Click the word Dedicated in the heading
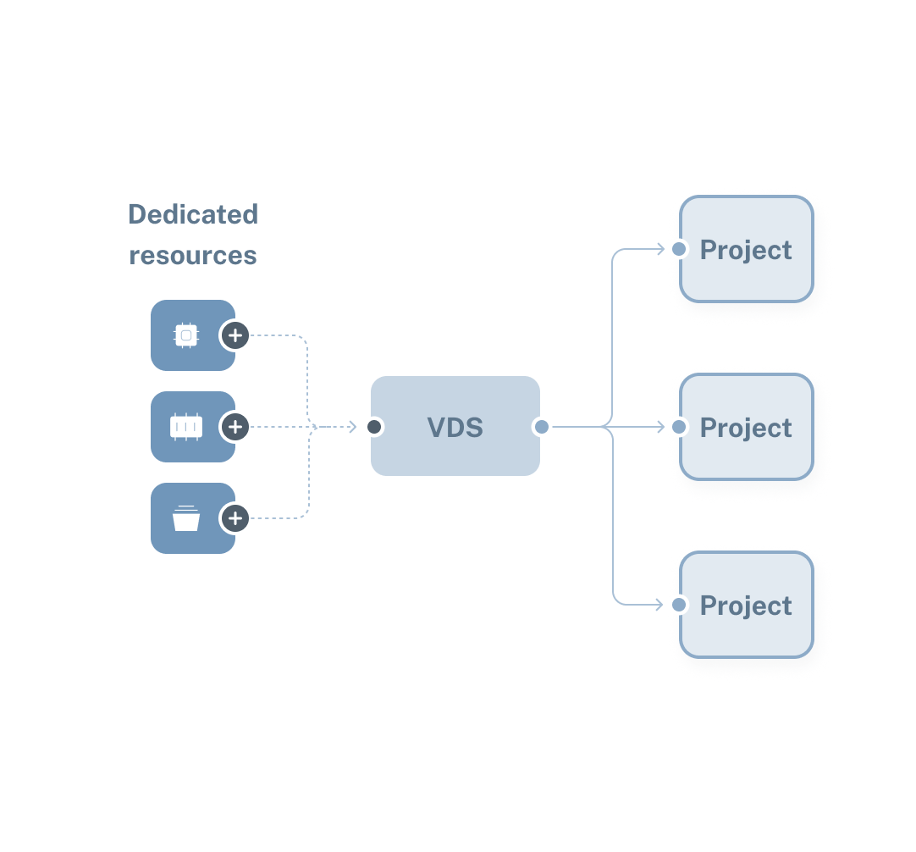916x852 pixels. pos(193,215)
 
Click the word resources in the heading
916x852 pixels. pos(193,255)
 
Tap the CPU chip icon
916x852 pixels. pos(186,335)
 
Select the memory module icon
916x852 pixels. pos(186,427)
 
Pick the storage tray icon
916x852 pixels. pos(186,518)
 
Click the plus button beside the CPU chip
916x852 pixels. pos(235,335)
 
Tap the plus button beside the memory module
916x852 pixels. pos(235,427)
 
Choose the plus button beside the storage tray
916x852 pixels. pos(235,518)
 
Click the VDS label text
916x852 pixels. pos(455,427)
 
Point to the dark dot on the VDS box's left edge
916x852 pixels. pos(373,427)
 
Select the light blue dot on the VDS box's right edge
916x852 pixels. pos(542,427)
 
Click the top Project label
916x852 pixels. pos(746,250)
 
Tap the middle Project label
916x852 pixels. pos(746,428)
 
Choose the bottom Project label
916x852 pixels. pos(746,606)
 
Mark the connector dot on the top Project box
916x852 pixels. pos(678,249)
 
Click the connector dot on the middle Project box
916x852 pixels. pos(678,427)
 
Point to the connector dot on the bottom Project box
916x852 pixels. pos(678,605)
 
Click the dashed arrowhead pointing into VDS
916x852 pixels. pos(352,427)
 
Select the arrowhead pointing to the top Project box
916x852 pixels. pos(661,249)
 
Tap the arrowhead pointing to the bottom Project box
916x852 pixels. pos(661,605)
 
